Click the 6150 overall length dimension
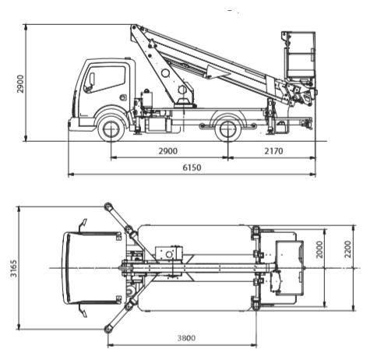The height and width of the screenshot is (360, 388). [x=192, y=168]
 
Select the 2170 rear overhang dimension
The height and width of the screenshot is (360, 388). [x=273, y=151]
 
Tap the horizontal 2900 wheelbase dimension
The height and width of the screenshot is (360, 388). [x=168, y=151]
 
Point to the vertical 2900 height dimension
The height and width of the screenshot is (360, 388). [x=20, y=83]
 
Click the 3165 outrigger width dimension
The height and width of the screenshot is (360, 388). [x=13, y=268]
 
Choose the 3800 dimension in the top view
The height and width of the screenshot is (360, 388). [x=186, y=338]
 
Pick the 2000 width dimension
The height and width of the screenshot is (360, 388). [x=319, y=249]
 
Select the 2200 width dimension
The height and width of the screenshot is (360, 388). [x=347, y=249]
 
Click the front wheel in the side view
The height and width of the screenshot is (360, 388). [x=111, y=129]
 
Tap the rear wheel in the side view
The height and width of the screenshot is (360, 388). [x=228, y=129]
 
